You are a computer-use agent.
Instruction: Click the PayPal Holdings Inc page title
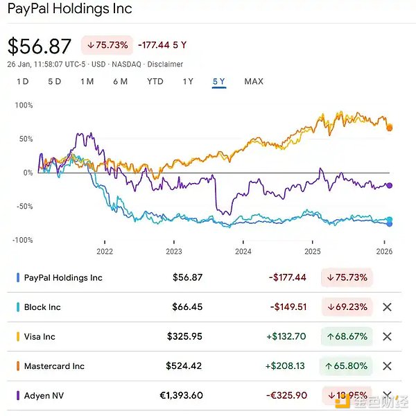(69, 10)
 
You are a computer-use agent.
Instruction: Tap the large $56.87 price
(40, 46)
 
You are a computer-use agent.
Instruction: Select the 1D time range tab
(22, 81)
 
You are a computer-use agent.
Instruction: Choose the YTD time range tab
(155, 81)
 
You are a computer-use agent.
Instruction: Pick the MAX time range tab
(254, 81)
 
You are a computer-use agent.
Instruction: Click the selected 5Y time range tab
(219, 81)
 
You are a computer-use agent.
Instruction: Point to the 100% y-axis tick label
(24, 105)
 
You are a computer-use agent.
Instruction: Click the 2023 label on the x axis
(174, 251)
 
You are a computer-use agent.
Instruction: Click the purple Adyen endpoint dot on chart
(390, 185)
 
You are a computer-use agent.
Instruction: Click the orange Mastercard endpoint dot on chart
(390, 128)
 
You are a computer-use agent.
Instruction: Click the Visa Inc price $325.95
(184, 336)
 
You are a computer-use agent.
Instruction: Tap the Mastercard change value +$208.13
(287, 366)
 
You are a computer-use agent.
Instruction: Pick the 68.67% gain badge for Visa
(347, 336)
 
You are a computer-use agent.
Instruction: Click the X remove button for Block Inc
(387, 307)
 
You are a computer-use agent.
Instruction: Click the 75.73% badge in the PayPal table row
(347, 277)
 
